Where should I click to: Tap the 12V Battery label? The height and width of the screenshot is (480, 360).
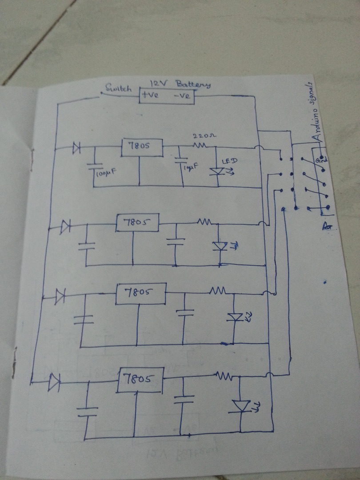click(180, 84)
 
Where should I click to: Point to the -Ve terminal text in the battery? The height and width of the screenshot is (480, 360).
click(181, 96)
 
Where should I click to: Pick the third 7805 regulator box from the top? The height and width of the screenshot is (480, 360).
click(140, 293)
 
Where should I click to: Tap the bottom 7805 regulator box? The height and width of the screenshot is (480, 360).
click(140, 380)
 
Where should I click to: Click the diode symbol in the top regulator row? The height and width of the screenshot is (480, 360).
click(76, 148)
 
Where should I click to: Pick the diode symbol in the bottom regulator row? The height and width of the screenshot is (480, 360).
click(54, 382)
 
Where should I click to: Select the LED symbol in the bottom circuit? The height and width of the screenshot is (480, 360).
click(241, 406)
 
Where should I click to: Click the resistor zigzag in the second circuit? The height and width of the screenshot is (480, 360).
click(205, 221)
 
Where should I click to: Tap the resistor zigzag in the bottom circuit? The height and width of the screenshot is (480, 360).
click(224, 377)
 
